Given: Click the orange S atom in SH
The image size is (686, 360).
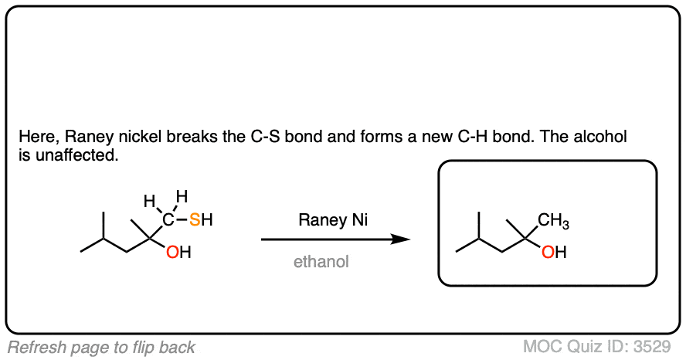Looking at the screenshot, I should coord(195,221).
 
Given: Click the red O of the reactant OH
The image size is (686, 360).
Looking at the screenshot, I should coord(173,253).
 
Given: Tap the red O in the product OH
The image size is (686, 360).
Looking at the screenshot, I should coord(548,253).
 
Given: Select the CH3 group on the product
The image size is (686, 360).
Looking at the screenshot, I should coord(553,222).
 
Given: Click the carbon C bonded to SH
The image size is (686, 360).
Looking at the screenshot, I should coord(168,221).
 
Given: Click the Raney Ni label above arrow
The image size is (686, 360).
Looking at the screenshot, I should coord(333,220).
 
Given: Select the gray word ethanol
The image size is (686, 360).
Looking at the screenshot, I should coord(321,262).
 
